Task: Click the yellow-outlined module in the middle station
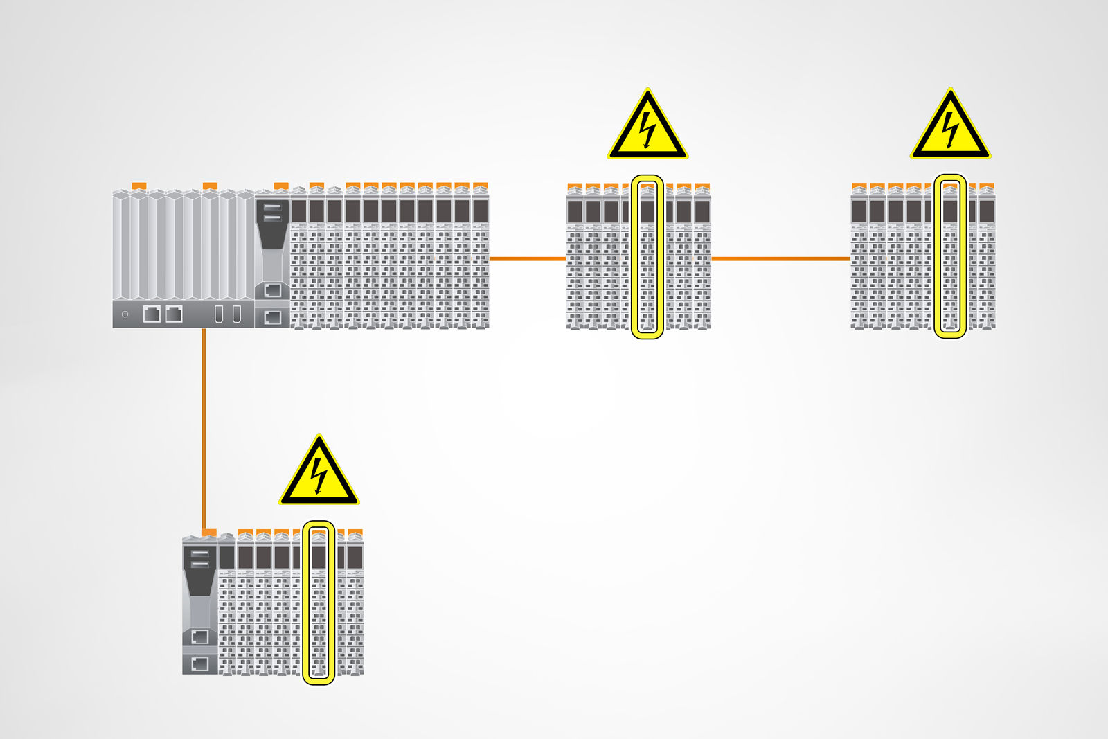[647, 256]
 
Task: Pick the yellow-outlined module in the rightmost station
[950, 256]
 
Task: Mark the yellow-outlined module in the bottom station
[319, 603]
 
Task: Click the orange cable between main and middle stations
[528, 258]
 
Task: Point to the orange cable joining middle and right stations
[780, 258]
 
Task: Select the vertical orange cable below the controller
[204, 429]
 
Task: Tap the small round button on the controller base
[125, 314]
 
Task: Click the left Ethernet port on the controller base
[152, 314]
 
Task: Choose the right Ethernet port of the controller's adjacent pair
[174, 314]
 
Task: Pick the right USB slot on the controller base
[236, 314]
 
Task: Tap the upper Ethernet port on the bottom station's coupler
[199, 636]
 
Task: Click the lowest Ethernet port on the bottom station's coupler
[199, 664]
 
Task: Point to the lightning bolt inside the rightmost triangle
[950, 129]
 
